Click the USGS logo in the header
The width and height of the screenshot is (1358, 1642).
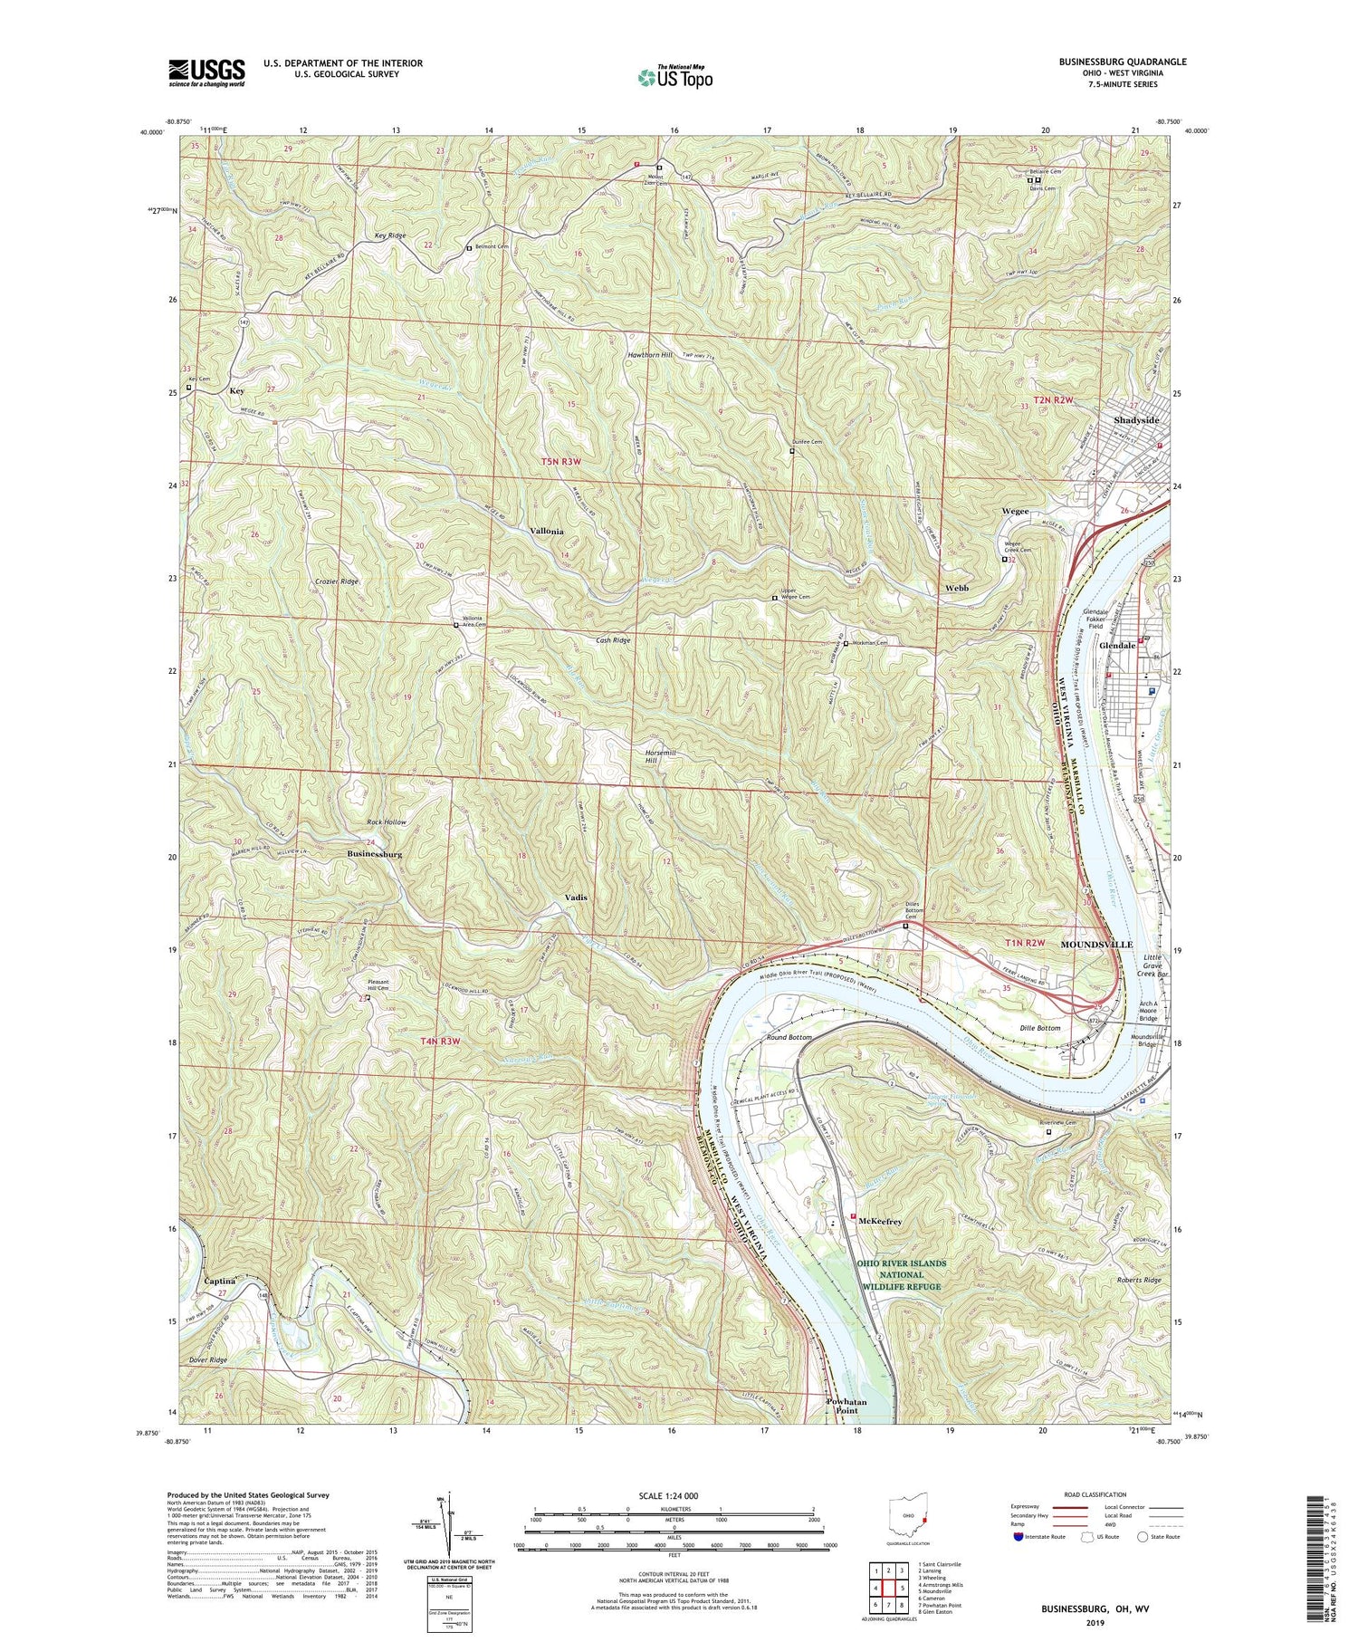pyautogui.click(x=206, y=72)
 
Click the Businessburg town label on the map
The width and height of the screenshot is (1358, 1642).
pyautogui.click(x=374, y=854)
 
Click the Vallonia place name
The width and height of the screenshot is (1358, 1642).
pyautogui.click(x=547, y=531)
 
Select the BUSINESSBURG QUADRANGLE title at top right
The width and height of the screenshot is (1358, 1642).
pyautogui.click(x=1110, y=62)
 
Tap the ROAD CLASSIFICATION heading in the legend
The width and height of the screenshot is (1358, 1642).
pyautogui.click(x=1088, y=1494)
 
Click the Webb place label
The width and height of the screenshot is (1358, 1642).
pyautogui.click(x=957, y=588)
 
